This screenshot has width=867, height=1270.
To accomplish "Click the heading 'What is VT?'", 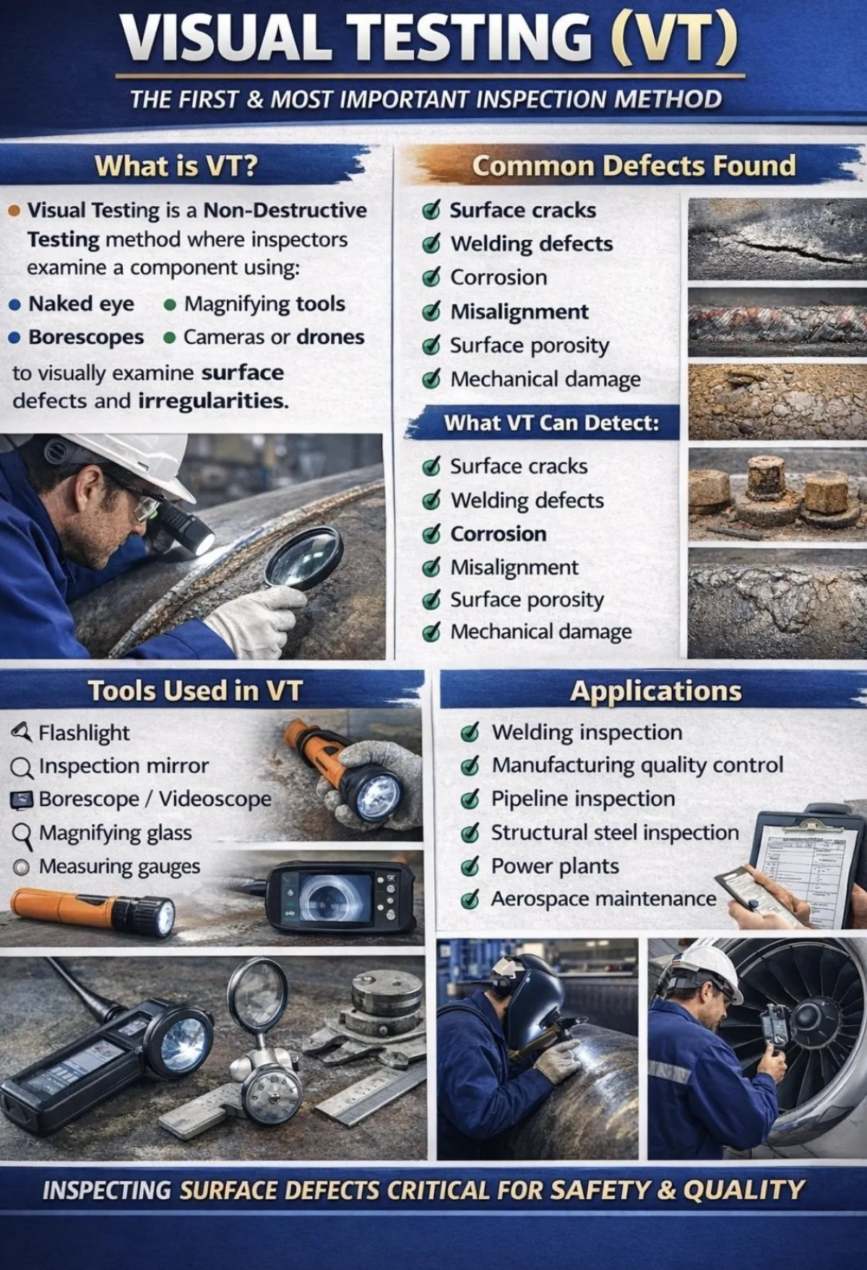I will point(176,166).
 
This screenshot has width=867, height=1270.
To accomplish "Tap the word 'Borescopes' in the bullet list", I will point(86,337).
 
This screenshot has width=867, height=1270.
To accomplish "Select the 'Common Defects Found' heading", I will point(634,165).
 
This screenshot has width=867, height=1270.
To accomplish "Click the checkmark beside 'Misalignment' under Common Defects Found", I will point(431,311).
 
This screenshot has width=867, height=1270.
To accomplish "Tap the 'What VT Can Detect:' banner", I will point(551,423).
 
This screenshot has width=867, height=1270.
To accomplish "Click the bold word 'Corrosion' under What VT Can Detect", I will point(499,534).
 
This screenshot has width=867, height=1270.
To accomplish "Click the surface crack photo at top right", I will point(777,238).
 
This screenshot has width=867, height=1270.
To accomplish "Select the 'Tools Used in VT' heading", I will point(194,691).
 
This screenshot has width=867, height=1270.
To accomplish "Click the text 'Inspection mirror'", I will point(124,766).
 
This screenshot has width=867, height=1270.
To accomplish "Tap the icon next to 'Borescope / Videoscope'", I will point(22,800).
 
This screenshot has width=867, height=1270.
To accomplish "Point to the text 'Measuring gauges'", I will point(119,866).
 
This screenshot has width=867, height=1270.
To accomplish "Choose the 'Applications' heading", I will point(655,691).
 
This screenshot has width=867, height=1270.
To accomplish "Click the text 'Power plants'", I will point(555,866).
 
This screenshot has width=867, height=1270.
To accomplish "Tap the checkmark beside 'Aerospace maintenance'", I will point(470,899).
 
